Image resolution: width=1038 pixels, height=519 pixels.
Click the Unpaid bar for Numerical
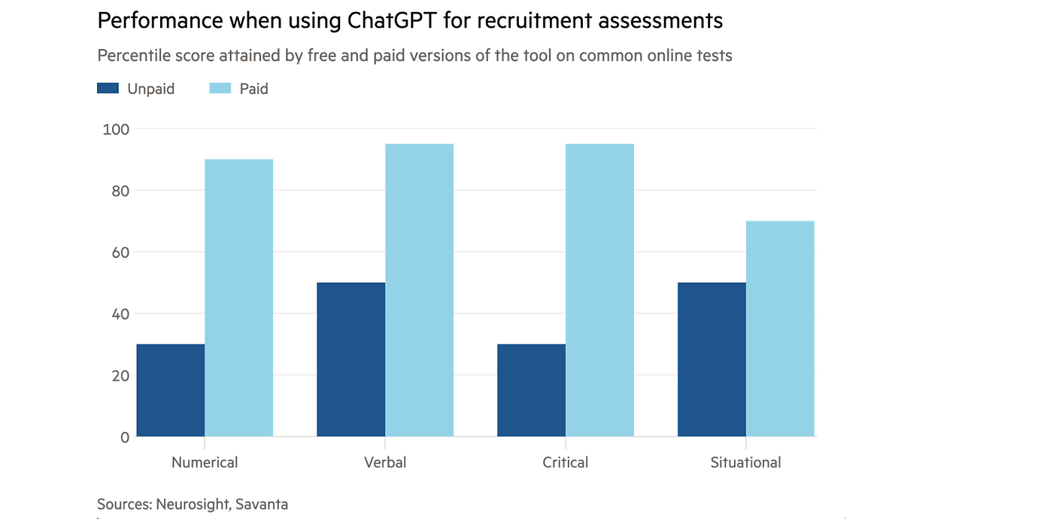pyautogui.click(x=171, y=390)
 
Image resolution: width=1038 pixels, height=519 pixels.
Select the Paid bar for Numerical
pyautogui.click(x=239, y=298)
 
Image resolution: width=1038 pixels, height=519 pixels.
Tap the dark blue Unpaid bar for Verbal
pyautogui.click(x=351, y=360)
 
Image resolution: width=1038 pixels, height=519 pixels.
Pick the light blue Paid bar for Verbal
pyautogui.click(x=420, y=290)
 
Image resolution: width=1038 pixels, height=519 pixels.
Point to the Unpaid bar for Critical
pyautogui.click(x=532, y=390)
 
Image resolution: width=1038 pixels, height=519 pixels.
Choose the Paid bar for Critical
pyautogui.click(x=600, y=290)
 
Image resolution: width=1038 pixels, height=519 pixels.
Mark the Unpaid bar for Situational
pyautogui.click(x=712, y=360)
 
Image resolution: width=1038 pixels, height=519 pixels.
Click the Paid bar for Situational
pyautogui.click(x=780, y=329)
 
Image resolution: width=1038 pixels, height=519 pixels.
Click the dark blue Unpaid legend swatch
pyautogui.click(x=108, y=88)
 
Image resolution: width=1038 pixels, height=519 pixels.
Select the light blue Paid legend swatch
pyautogui.click(x=220, y=88)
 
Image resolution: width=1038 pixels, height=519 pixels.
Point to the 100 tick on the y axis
pyautogui.click(x=116, y=129)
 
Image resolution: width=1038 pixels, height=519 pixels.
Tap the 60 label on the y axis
pyautogui.click(x=120, y=253)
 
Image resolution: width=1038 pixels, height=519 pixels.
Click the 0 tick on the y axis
pyautogui.click(x=125, y=438)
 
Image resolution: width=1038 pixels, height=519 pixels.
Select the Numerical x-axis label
pyautogui.click(x=205, y=463)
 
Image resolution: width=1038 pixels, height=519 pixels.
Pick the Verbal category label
pyautogui.click(x=385, y=463)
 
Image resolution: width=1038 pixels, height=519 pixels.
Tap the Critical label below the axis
pyautogui.click(x=566, y=463)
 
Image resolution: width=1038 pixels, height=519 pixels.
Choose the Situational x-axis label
pyautogui.click(x=745, y=463)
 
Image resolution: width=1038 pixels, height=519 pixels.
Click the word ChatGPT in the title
pyautogui.click(x=392, y=20)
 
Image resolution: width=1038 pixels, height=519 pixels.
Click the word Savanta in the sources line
pyautogui.click(x=262, y=504)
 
